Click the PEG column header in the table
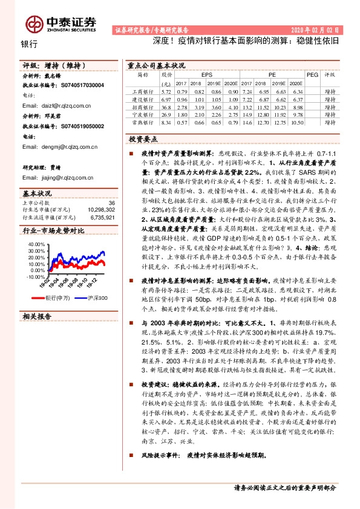tap(312, 74)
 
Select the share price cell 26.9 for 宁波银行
tap(167, 114)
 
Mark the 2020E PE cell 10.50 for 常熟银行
tap(295, 122)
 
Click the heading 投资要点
tap(143, 138)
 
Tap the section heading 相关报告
tap(37, 317)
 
